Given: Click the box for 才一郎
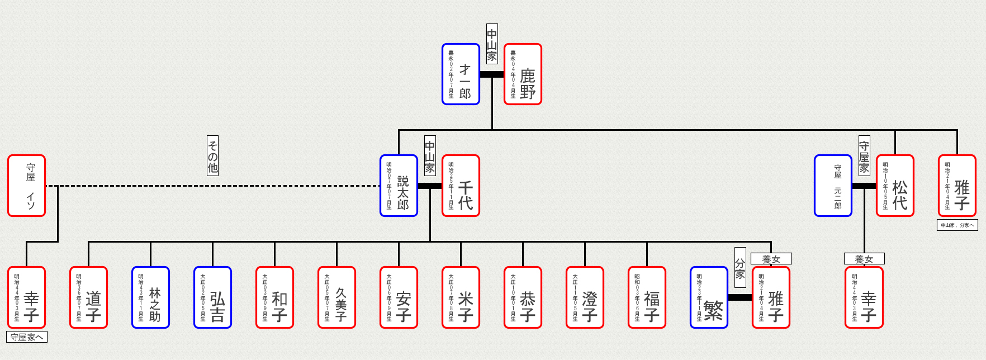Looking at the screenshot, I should click(x=461, y=74).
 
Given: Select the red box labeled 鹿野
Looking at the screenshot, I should click(x=523, y=74).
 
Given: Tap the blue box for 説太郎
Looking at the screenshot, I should click(x=399, y=186).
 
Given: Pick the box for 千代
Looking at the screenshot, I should click(x=461, y=186).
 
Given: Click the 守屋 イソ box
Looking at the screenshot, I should click(x=26, y=186).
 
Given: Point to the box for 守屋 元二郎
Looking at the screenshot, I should click(x=833, y=186).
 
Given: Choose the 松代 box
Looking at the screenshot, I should click(x=895, y=186).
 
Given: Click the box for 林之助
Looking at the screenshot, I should click(x=150, y=297).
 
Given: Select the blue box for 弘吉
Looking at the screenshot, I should click(x=212, y=297).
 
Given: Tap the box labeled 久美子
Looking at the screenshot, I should click(x=336, y=297).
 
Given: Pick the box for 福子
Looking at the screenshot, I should click(x=647, y=297).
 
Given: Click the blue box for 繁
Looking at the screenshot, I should click(x=709, y=297).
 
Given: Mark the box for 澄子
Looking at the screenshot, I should click(x=585, y=297).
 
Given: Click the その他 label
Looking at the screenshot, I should click(x=212, y=155).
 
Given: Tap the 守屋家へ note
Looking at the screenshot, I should click(x=27, y=337).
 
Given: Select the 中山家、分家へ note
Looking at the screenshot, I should click(x=957, y=225).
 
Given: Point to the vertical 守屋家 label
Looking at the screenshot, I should click(x=864, y=155).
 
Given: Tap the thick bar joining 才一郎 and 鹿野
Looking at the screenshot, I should click(x=492, y=74).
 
